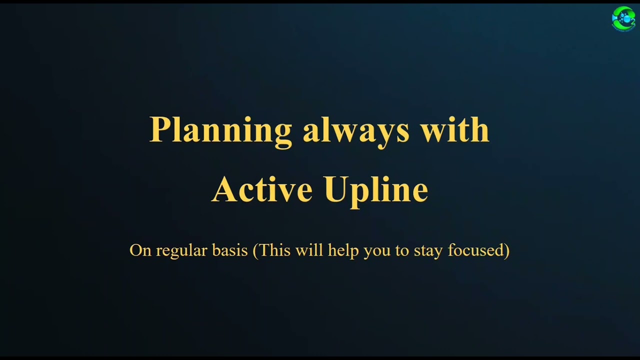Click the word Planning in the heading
click(x=220, y=130)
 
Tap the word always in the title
click(x=356, y=130)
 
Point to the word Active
click(x=262, y=189)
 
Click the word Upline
click(x=376, y=190)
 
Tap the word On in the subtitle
click(x=140, y=250)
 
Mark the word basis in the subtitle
click(x=230, y=250)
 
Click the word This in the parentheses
click(x=274, y=250)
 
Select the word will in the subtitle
click(x=309, y=250)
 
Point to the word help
click(x=343, y=250)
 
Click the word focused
click(x=475, y=250)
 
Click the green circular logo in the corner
click(x=623, y=18)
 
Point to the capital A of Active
click(x=223, y=189)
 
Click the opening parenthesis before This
click(x=255, y=250)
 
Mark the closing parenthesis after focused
click(x=507, y=250)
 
